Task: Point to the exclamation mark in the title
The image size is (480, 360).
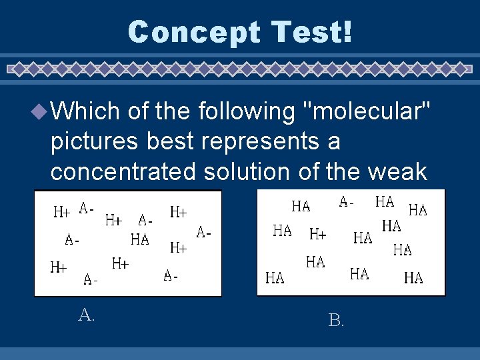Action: (346, 32)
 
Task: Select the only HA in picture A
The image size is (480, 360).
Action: (140, 239)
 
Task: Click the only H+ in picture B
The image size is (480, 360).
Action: (318, 234)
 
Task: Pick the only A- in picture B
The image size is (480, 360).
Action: (347, 201)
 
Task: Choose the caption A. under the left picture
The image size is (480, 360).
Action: (86, 315)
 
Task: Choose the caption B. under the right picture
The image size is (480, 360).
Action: (336, 321)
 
